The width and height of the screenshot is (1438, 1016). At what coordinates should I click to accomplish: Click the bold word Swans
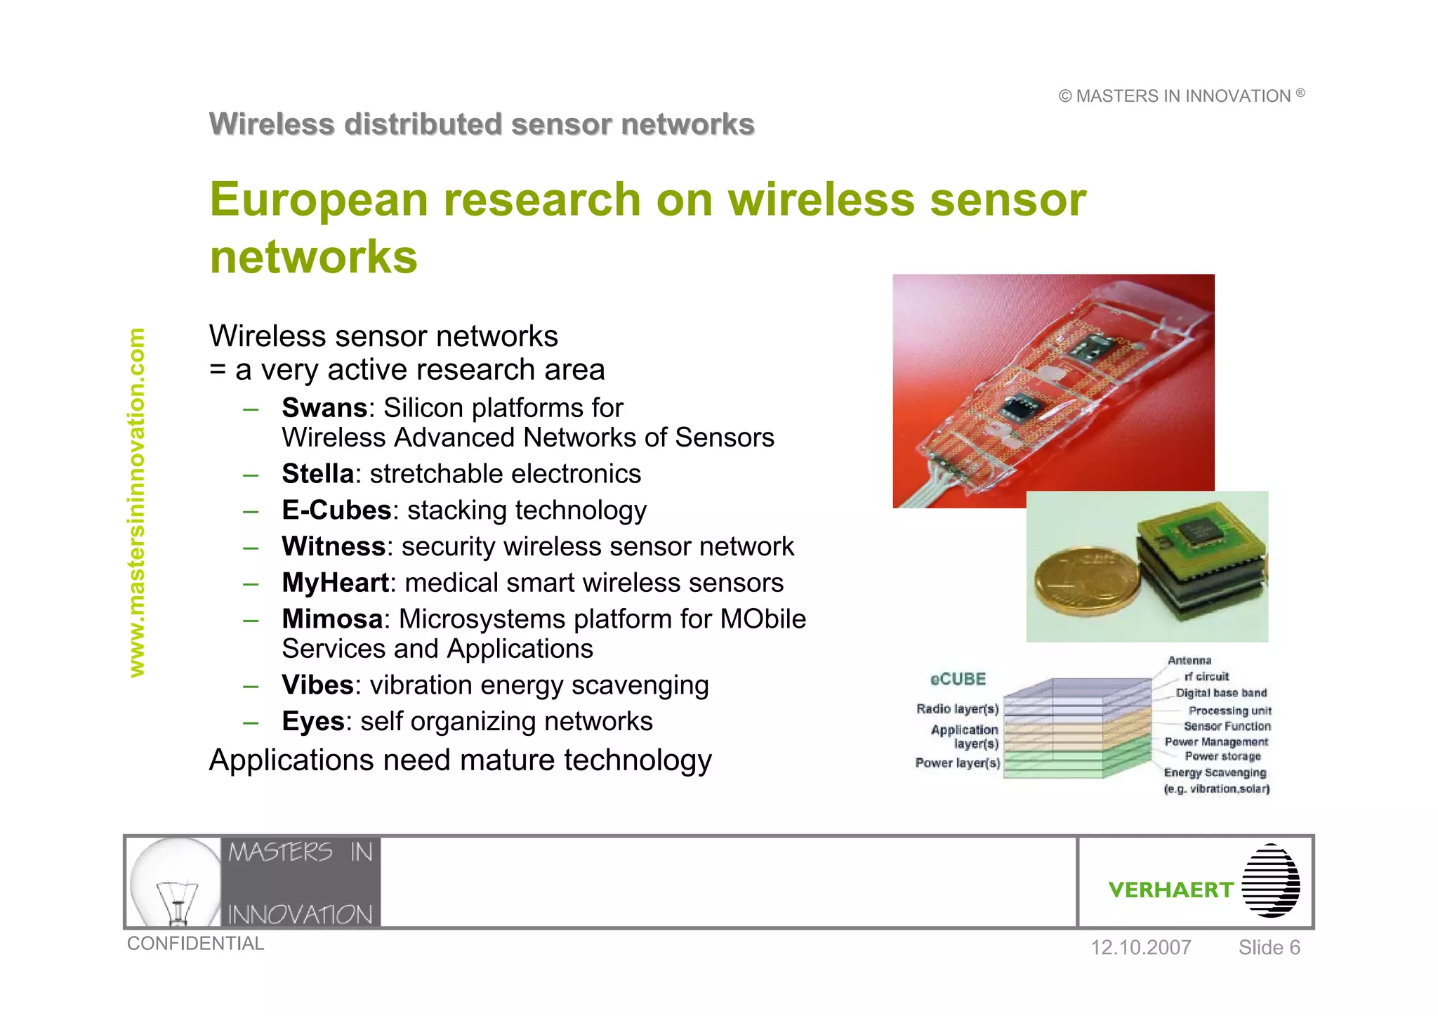click(x=324, y=408)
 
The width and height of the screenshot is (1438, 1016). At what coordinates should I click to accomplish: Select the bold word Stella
click(x=317, y=474)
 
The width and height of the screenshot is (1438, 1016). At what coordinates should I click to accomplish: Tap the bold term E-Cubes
click(x=336, y=510)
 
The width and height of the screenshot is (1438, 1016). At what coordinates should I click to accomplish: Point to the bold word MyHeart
click(x=335, y=583)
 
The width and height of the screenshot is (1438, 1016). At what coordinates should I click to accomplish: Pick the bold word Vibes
click(x=317, y=685)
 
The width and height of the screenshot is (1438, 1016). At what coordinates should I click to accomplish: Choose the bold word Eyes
click(x=313, y=722)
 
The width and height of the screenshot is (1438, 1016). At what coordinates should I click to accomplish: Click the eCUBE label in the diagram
click(x=958, y=679)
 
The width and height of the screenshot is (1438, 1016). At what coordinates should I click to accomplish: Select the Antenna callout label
click(x=1189, y=661)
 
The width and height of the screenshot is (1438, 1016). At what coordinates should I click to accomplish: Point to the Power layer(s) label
click(x=957, y=763)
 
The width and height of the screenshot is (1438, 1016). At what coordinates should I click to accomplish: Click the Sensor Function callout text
click(x=1227, y=727)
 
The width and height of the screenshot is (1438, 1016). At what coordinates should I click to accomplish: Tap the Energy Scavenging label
click(x=1215, y=773)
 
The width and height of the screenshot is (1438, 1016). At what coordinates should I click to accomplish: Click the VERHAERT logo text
click(x=1170, y=890)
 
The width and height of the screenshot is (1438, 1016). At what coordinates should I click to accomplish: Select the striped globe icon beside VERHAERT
click(x=1270, y=881)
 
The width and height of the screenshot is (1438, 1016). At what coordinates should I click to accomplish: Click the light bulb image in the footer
click(x=176, y=881)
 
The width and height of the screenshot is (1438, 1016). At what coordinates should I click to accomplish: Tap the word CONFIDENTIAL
click(x=195, y=944)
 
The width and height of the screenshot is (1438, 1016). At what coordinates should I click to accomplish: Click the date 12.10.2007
click(x=1140, y=948)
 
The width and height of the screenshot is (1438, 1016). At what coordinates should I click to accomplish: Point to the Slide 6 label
click(x=1269, y=948)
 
